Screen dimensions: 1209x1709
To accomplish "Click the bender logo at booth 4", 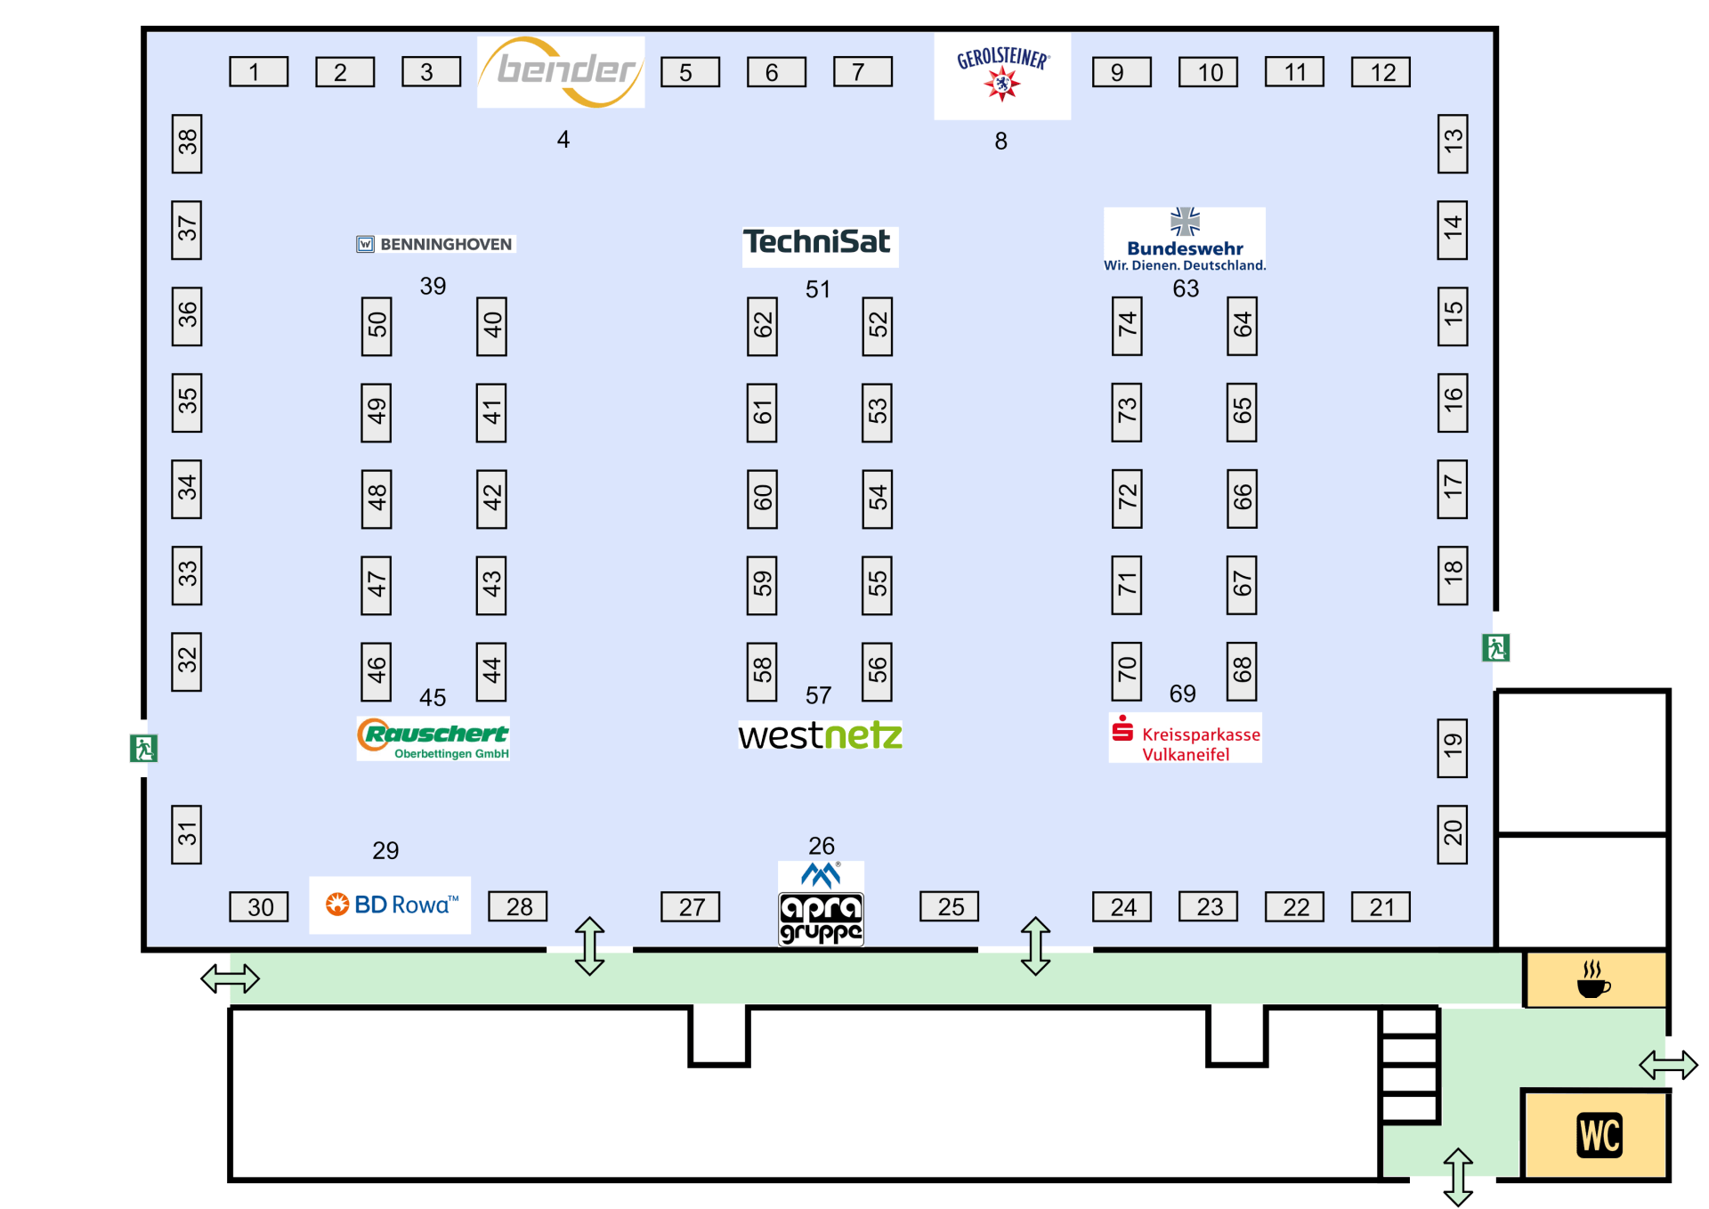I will click(x=561, y=71).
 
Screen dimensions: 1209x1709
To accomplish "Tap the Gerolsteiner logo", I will click(x=1002, y=75).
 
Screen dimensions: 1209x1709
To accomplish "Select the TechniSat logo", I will click(x=819, y=243).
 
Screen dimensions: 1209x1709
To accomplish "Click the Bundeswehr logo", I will click(x=1184, y=239).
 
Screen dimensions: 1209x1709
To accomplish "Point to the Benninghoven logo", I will click(x=435, y=244).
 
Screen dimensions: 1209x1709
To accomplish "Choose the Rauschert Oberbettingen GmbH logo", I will click(x=433, y=739).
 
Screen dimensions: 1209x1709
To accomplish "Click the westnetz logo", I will click(x=820, y=736).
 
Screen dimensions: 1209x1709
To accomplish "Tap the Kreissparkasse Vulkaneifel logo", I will click(x=1186, y=738).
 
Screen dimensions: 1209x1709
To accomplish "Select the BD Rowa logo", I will click(x=391, y=905).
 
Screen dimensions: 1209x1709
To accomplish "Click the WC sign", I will click(x=1599, y=1135).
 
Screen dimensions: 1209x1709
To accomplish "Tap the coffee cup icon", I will click(x=1593, y=979).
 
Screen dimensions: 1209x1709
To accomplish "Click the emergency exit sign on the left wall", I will click(x=143, y=748).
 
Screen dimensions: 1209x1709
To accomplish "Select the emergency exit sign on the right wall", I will click(x=1495, y=647).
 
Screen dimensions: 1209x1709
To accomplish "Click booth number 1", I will click(x=258, y=72).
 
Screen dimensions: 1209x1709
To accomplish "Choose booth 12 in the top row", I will click(x=1381, y=72).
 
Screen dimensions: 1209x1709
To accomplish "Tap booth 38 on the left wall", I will click(x=187, y=143).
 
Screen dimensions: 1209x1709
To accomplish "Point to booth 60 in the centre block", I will click(x=762, y=499).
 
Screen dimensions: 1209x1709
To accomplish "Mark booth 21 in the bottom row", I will click(x=1381, y=906).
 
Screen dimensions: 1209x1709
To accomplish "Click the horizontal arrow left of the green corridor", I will click(x=230, y=978).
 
